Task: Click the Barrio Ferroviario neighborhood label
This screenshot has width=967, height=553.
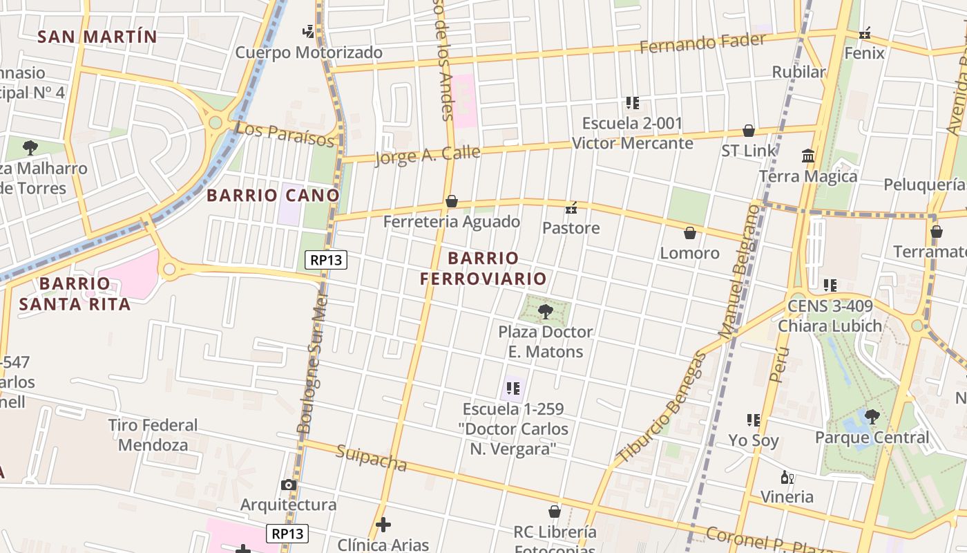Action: coord(483,268)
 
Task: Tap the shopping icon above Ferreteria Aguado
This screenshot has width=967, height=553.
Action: coord(452,201)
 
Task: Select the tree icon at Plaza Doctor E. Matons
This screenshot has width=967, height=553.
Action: coord(546,311)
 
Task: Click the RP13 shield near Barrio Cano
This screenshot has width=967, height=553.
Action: coord(326,260)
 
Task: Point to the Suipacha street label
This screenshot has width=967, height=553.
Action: coord(372,458)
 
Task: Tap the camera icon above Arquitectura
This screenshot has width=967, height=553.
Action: coord(289,485)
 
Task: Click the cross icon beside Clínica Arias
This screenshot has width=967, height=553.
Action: coord(383,525)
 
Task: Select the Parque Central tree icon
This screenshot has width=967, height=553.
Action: coord(872,416)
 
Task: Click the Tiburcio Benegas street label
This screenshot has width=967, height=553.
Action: coord(662,408)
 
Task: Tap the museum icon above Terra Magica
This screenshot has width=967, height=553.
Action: coord(808,156)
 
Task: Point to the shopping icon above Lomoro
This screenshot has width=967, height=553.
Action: coord(689,233)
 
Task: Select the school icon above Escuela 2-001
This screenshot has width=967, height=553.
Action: coord(632,103)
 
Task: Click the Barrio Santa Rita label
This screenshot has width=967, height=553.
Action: coord(75,294)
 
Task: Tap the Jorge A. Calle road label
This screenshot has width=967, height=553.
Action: coord(427,156)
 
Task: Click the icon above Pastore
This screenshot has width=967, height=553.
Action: coord(571,207)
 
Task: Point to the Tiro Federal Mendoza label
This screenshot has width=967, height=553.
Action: coord(153,435)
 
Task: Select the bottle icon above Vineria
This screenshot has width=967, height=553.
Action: coord(787,477)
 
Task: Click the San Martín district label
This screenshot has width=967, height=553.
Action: coord(97,37)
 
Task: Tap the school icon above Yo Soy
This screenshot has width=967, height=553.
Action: coord(753,420)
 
